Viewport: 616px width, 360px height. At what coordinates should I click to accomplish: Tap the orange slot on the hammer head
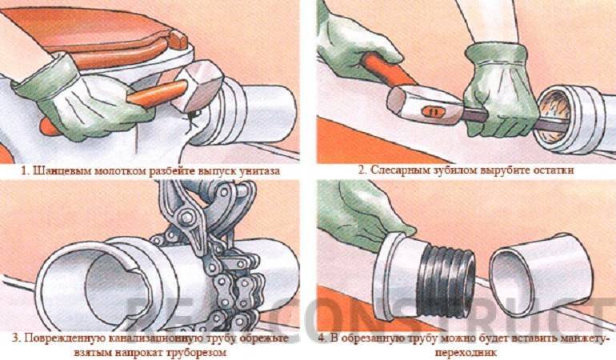tap(430, 112)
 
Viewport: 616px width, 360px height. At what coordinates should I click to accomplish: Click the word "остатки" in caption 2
tap(552, 170)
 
